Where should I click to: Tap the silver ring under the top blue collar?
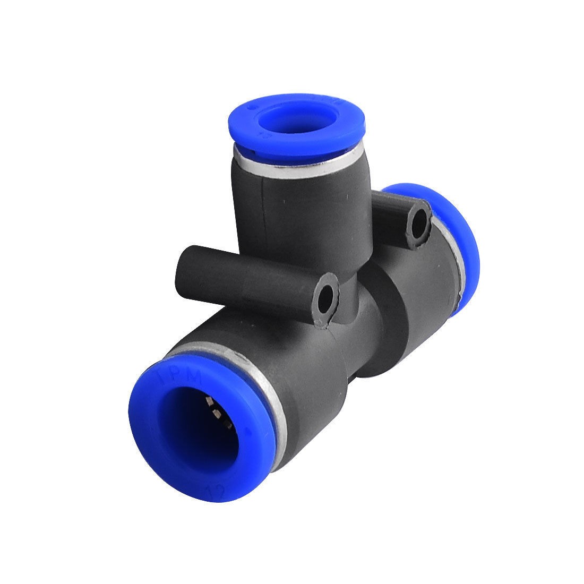pos(297,165)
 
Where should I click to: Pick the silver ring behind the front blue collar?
pos(265,382)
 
